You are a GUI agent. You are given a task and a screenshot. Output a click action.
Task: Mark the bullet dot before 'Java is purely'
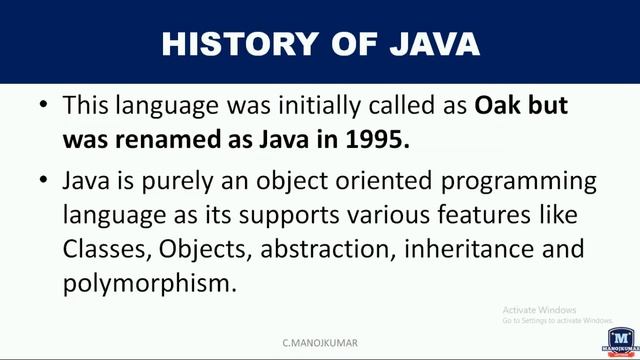[x=40, y=182]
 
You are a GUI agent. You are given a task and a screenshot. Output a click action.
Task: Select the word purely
[x=174, y=182]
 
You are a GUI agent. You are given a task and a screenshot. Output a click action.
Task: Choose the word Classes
[x=102, y=248]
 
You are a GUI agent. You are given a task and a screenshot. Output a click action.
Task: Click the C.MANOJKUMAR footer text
[x=319, y=342]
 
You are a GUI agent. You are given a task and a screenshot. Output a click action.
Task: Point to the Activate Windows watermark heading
[x=540, y=310]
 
